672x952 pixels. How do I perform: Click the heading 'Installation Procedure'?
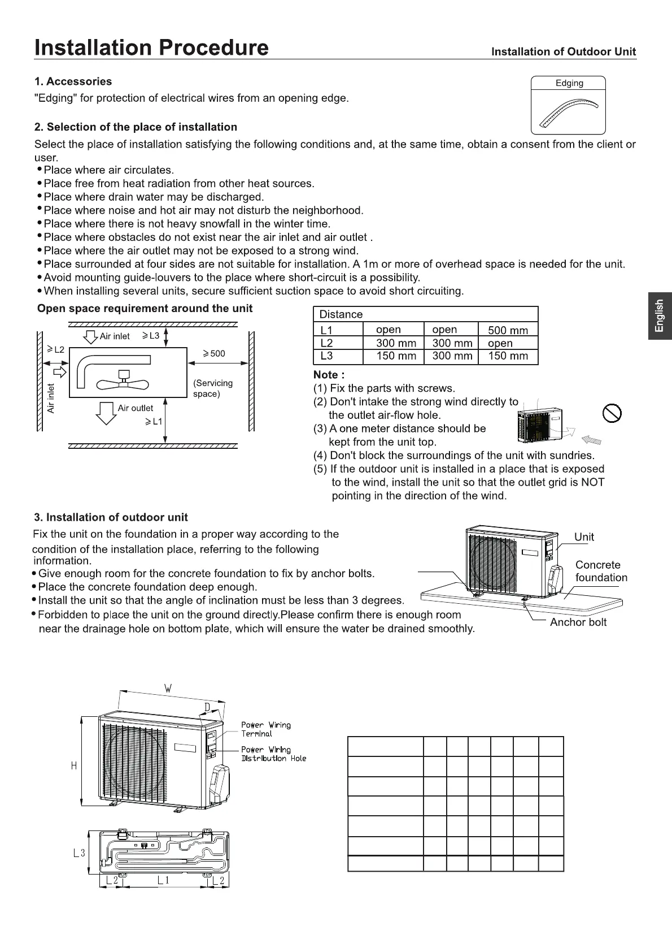151,47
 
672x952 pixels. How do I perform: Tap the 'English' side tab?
660,316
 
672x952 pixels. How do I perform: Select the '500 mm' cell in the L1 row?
508,330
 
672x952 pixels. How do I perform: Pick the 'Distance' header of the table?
341,314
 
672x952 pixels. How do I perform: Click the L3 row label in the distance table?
326,356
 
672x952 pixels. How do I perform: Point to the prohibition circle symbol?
612,413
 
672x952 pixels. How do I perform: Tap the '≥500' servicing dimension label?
214,354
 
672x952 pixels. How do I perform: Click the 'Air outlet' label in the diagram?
135,408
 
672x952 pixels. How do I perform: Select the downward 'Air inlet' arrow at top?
90,337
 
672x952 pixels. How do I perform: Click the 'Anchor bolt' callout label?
578,622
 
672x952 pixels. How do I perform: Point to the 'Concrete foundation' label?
601,571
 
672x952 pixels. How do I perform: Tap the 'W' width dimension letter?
168,689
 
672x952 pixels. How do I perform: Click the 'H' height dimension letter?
73,765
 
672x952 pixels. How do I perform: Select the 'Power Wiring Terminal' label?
265,729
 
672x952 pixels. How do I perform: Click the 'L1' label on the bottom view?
163,880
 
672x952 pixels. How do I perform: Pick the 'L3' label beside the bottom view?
79,853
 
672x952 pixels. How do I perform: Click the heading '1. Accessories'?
73,81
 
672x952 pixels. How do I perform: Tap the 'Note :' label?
329,375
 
